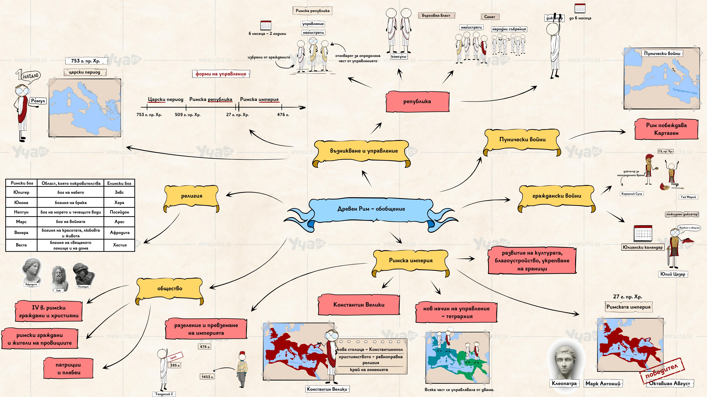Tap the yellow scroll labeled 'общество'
(x=170, y=289)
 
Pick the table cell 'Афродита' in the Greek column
(x=120, y=233)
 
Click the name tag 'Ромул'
(x=38, y=101)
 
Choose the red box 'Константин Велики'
(x=359, y=305)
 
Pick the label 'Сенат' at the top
(x=490, y=17)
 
